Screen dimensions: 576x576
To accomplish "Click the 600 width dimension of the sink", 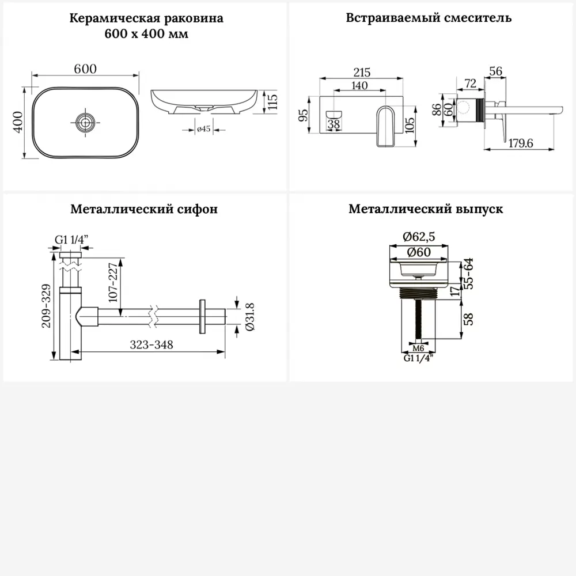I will click(x=85, y=68).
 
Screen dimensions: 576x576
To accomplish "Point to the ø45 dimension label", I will click(x=202, y=130).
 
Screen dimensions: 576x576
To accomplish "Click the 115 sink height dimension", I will click(x=273, y=102).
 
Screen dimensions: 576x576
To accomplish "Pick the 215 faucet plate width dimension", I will click(x=361, y=73).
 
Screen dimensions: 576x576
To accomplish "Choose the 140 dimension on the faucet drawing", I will click(x=358, y=85).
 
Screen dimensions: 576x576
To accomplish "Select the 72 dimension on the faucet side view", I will click(x=470, y=84).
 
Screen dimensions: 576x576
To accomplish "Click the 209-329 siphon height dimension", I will click(x=48, y=306).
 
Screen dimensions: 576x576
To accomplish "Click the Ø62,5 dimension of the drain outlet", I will click(x=419, y=236).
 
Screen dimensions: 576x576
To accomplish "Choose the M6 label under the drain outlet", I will click(x=419, y=348).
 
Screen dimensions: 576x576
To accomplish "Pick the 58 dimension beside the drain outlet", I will click(x=469, y=319).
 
